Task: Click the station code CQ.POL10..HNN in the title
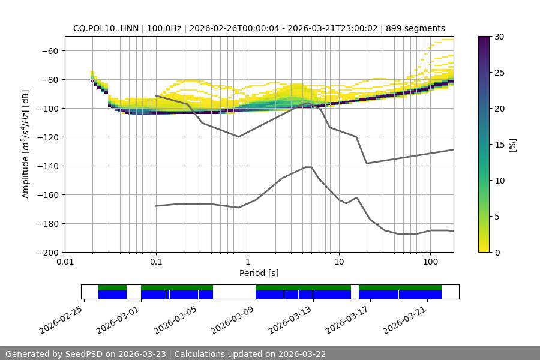pos(104,28)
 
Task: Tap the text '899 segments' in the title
pos(415,28)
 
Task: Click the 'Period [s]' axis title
pos(259,273)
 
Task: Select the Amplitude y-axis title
pos(26,144)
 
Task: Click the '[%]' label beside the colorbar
pos(512,145)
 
